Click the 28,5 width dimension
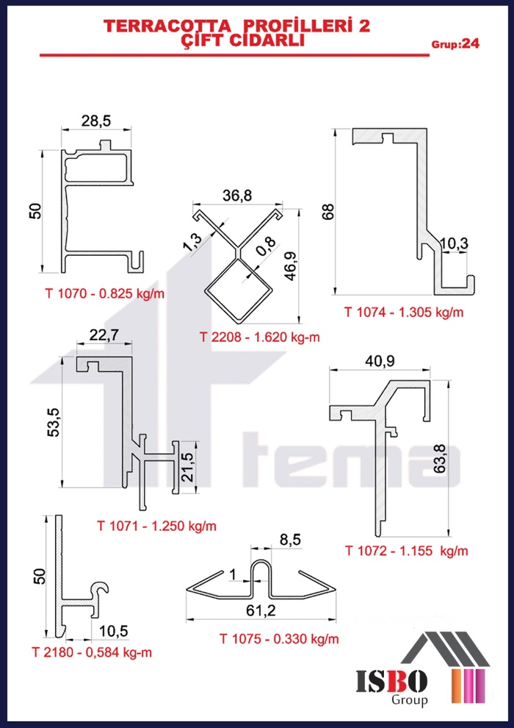97,121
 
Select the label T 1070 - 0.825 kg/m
105,293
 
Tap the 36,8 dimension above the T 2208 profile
237,196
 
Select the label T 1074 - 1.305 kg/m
404,312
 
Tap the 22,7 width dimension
104,335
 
